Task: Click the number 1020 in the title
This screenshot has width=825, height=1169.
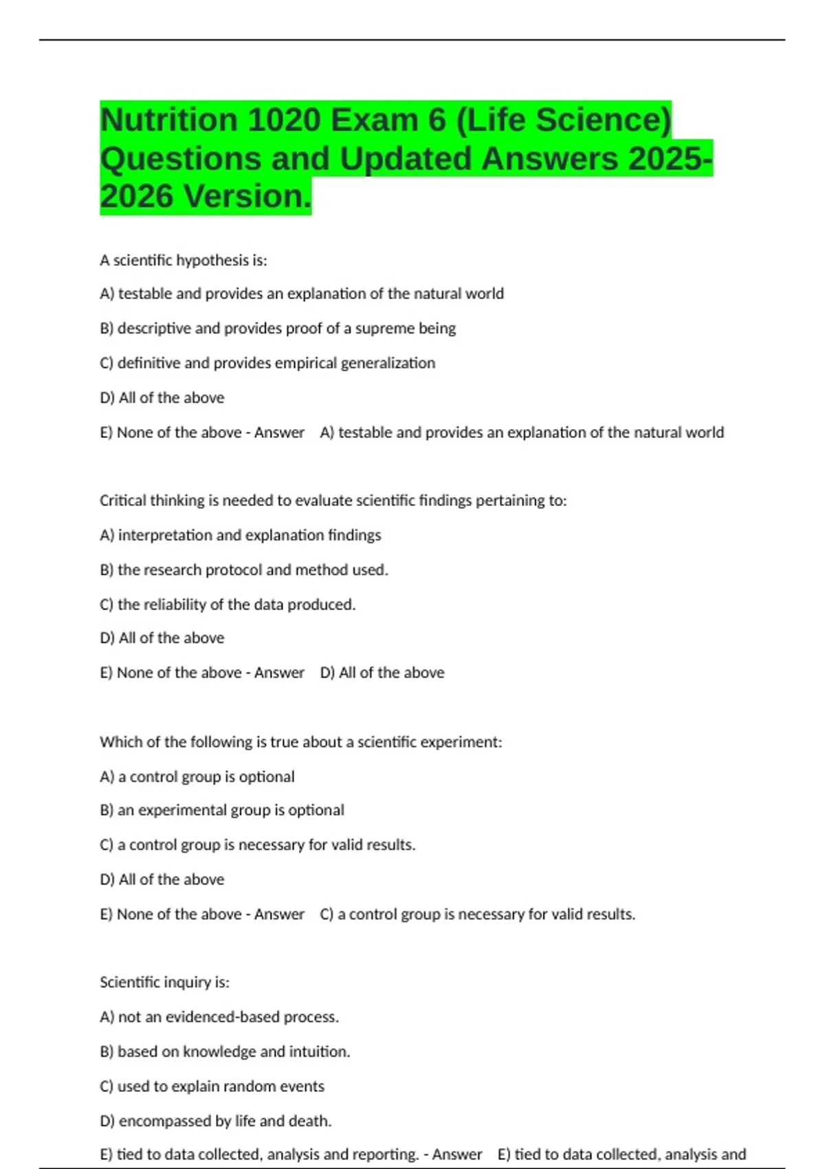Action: (x=283, y=120)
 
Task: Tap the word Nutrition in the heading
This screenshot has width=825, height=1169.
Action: (x=168, y=120)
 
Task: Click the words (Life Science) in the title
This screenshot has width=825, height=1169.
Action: (x=563, y=120)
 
